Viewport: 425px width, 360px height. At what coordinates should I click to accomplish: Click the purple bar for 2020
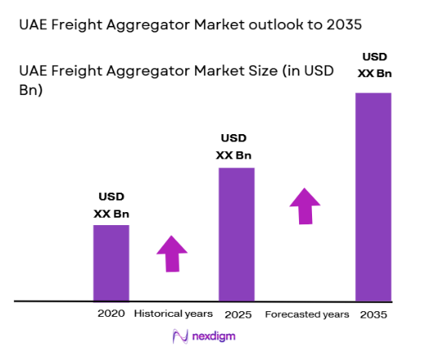coord(111,262)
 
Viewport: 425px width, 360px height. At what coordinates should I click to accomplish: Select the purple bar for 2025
coord(236,234)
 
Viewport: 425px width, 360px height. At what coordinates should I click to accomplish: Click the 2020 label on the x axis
coord(111,314)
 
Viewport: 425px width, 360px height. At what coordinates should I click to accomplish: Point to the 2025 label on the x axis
coord(236,314)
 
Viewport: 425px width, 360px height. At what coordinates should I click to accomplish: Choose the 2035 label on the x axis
coord(373,314)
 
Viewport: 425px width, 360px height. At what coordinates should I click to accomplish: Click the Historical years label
coord(173,314)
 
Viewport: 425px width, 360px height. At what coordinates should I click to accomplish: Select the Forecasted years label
coord(307,314)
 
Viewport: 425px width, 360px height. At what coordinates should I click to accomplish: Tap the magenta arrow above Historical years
coord(172,254)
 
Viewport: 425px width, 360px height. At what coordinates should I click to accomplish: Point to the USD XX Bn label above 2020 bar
coord(112,206)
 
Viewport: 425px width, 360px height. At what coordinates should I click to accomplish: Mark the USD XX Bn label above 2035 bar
coord(373,66)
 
